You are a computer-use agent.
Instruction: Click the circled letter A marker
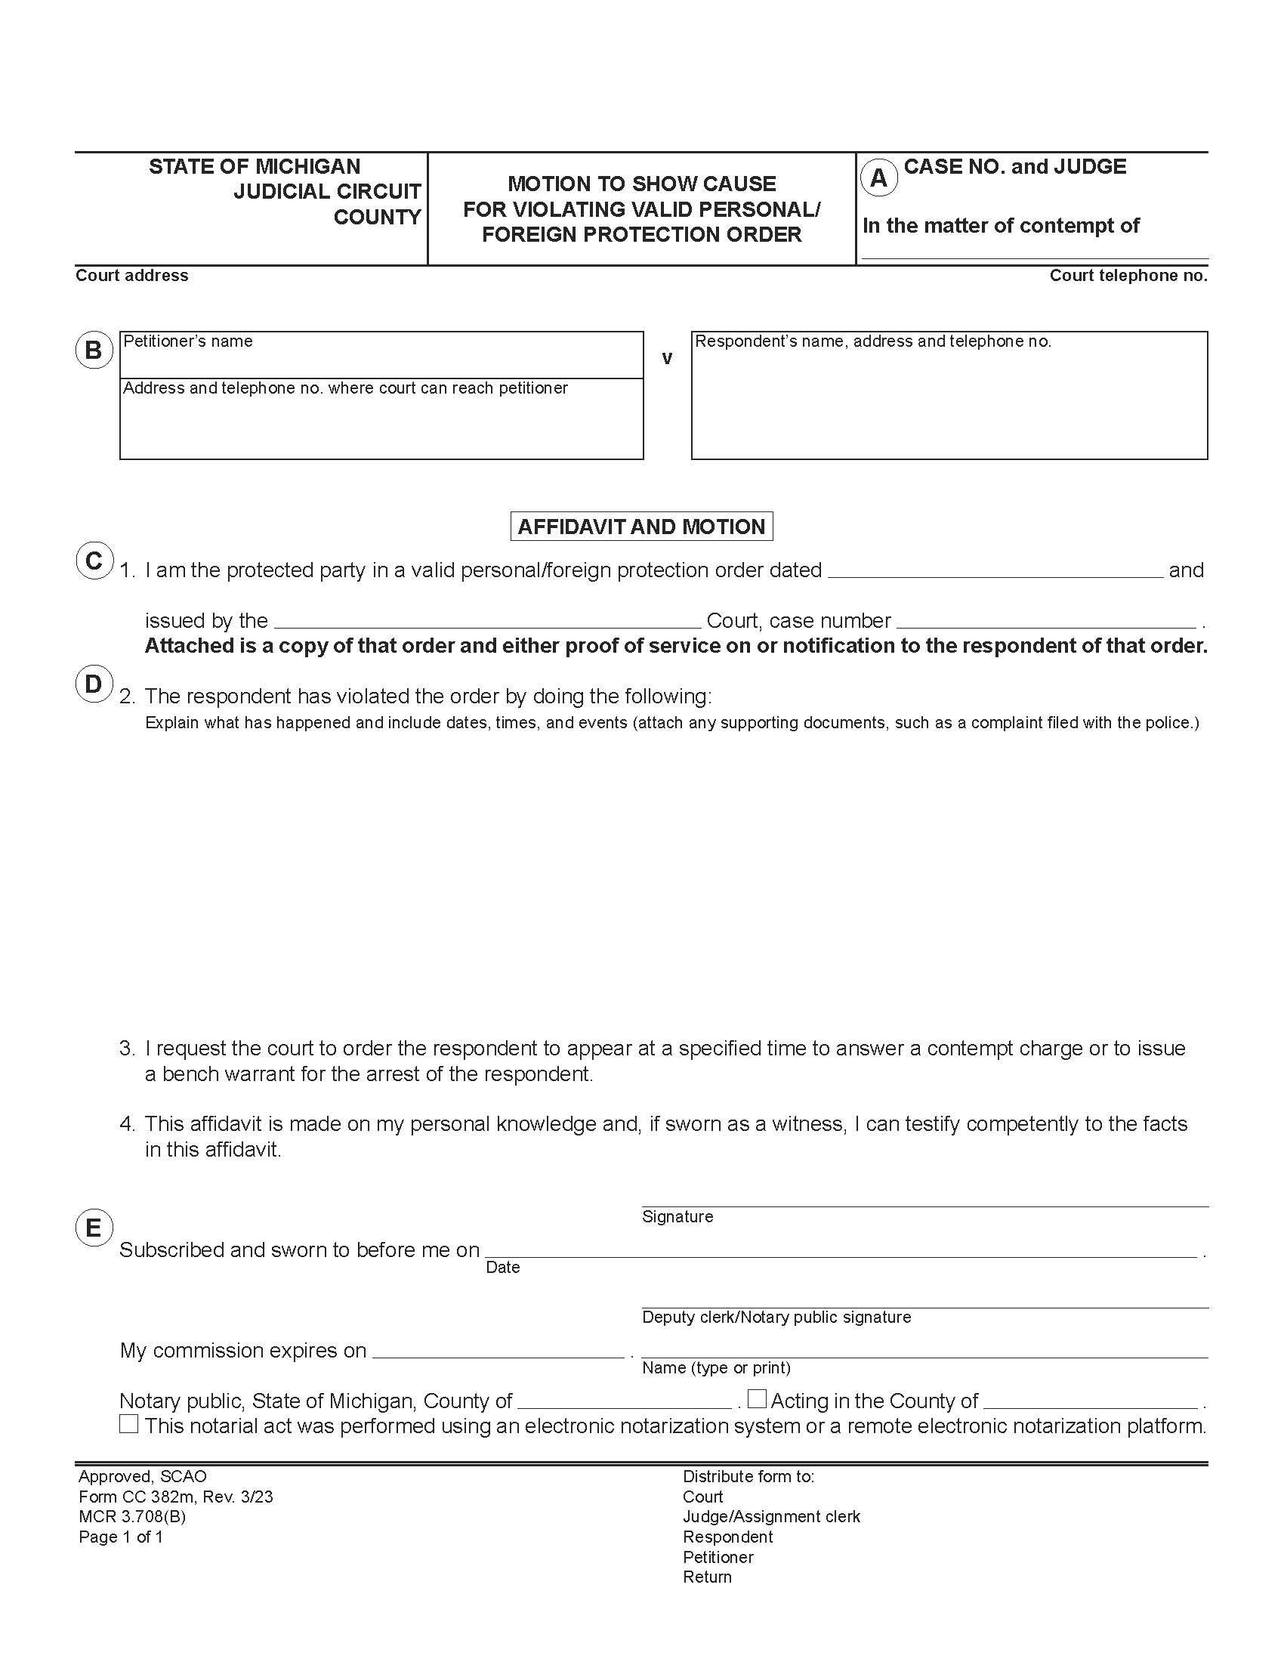(878, 178)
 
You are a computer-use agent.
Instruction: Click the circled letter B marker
(94, 350)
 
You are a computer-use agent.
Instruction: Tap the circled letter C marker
(94, 561)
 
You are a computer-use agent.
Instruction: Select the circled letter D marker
(94, 684)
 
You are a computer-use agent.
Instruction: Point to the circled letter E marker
(94, 1227)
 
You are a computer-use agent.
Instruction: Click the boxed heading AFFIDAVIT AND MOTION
(641, 527)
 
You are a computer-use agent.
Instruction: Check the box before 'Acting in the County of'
(756, 1398)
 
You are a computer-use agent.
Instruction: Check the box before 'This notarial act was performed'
(128, 1424)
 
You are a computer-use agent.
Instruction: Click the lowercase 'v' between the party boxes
(667, 358)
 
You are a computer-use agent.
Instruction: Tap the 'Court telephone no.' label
(1128, 276)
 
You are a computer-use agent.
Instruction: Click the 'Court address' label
(131, 276)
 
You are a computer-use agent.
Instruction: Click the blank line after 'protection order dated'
(994, 573)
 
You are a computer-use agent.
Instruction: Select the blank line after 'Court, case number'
(1046, 622)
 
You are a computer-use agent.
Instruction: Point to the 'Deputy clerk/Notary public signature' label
(776, 1318)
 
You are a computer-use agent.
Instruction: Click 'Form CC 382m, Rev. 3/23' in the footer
(176, 1497)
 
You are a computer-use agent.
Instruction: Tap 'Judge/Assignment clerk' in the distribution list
(771, 1517)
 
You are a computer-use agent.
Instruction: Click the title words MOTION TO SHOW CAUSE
(641, 184)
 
